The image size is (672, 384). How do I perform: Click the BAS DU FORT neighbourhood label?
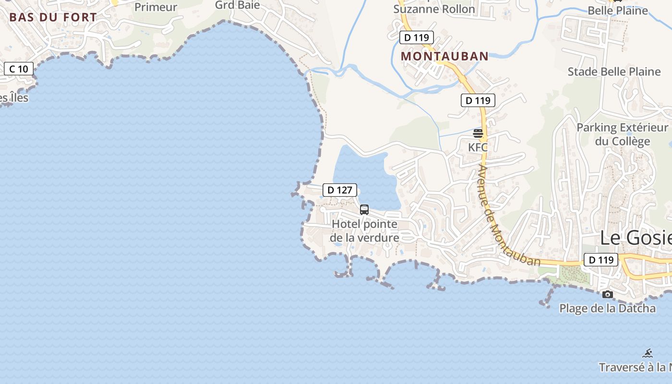click(53, 17)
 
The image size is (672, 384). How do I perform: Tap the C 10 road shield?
click(19, 69)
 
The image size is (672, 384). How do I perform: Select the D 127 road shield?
click(340, 190)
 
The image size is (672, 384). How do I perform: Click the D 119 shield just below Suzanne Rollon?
click(416, 37)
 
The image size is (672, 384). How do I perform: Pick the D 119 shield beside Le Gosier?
click(601, 260)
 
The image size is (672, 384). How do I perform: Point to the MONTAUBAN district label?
click(444, 56)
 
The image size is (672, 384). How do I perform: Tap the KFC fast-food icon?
click(478, 133)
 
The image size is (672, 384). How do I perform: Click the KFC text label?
click(478, 147)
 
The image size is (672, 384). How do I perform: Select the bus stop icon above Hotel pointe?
click(364, 209)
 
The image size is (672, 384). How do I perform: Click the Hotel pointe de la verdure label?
click(365, 231)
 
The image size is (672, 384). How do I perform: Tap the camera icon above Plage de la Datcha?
click(607, 294)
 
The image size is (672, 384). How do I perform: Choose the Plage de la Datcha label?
click(607, 308)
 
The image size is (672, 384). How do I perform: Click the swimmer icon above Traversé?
click(648, 353)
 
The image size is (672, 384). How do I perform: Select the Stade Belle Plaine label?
click(614, 72)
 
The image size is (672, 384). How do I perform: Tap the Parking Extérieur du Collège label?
click(622, 134)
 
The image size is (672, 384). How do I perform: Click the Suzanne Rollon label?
click(434, 9)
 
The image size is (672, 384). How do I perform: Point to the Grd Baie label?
click(237, 5)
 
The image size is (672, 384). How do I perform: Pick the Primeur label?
click(156, 7)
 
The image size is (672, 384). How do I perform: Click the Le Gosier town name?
click(636, 238)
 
